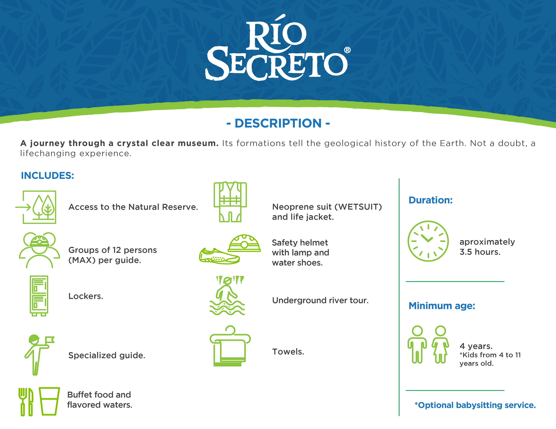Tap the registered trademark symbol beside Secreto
point(347,50)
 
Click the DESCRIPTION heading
point(278,123)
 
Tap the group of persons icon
point(39,250)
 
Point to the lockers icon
point(39,296)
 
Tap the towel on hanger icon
point(230,346)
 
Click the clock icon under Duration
point(428,241)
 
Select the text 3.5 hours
point(480,252)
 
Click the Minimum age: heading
point(442,306)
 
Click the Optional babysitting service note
point(475,405)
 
